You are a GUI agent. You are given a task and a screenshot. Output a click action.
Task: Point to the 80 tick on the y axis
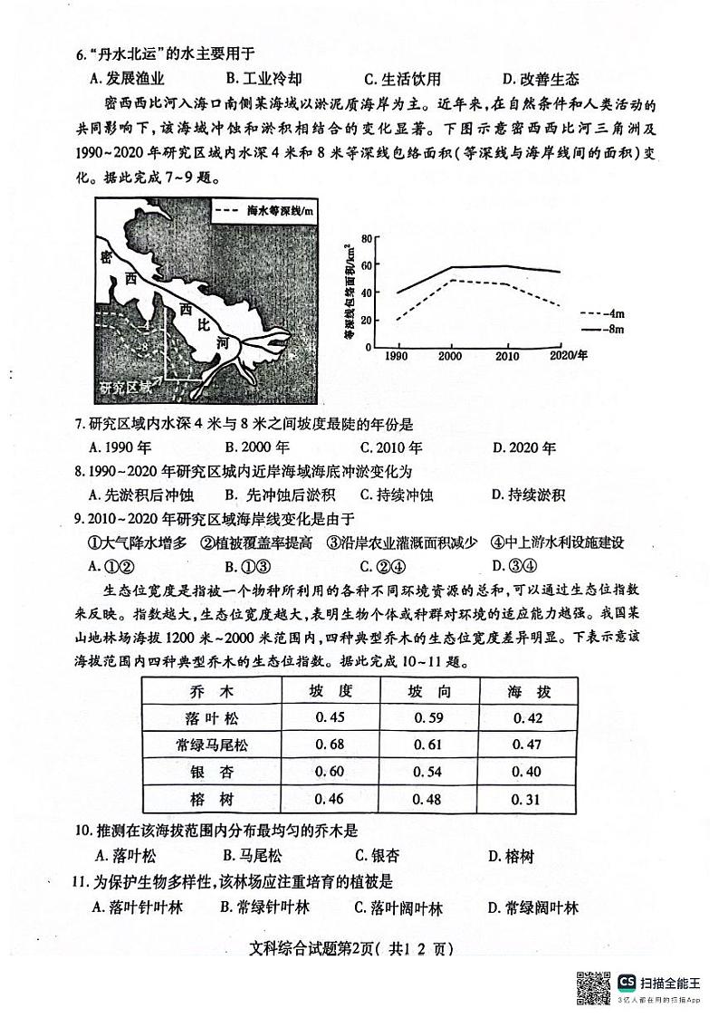coord(367,239)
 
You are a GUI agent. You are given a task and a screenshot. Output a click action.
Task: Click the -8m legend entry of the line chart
coord(600,330)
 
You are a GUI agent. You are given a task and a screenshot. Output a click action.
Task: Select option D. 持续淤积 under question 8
coord(528,495)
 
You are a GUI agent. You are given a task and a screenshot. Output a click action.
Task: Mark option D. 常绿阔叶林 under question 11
coord(532,908)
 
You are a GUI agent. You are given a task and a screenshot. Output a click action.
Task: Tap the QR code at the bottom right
coord(592,985)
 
